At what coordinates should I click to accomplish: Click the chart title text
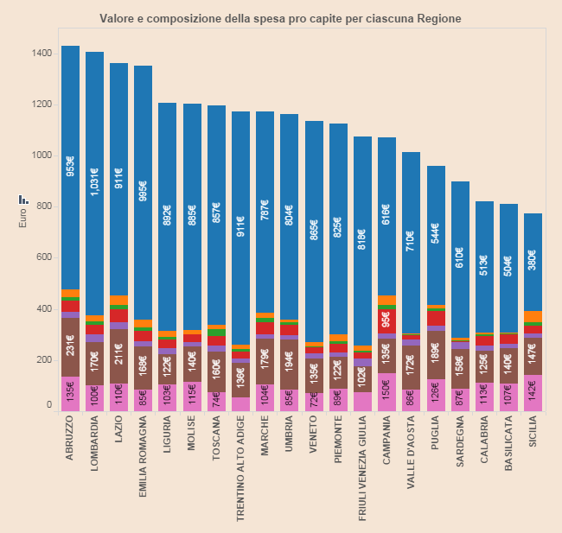[280, 18]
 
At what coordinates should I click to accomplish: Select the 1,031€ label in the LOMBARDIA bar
[95, 183]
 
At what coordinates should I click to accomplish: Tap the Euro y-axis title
[24, 217]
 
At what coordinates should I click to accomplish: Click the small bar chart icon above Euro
[24, 200]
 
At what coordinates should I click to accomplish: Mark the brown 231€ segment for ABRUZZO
[71, 347]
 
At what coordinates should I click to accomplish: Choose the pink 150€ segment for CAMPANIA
[386, 391]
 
